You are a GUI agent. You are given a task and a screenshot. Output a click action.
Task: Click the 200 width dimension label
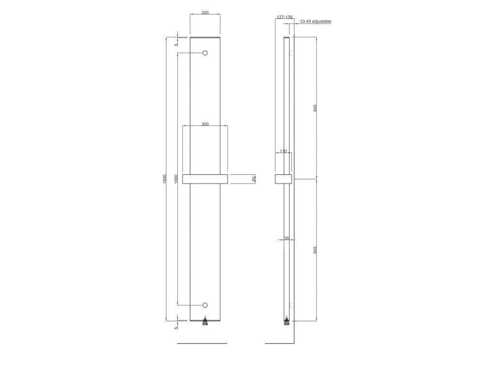[205, 13]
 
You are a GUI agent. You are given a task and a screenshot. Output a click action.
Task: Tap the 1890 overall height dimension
[164, 179]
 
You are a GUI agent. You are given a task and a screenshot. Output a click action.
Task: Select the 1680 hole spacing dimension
[176, 179]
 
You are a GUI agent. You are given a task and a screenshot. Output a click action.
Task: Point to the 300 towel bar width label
[205, 124]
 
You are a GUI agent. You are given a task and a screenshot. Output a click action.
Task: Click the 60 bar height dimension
[253, 179]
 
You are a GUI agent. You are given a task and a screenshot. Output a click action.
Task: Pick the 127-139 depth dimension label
[284, 17]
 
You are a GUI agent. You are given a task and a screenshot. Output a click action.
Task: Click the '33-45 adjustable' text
[316, 21]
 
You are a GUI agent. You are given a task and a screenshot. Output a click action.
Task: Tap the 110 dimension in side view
[283, 151]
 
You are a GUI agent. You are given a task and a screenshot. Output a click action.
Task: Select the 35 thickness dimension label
[287, 238]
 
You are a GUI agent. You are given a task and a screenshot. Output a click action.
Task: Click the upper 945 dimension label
[315, 108]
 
